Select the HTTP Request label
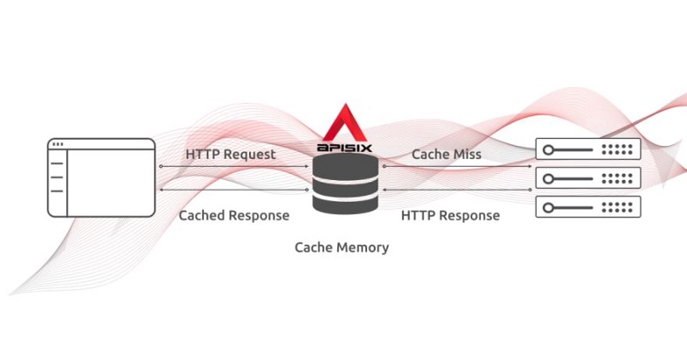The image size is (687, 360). tap(230, 154)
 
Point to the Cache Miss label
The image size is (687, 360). tap(447, 154)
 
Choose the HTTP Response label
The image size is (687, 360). tap(450, 214)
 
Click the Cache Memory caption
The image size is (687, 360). tap(342, 247)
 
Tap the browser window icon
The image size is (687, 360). tap(101, 177)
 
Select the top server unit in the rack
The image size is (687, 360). tap(587, 149)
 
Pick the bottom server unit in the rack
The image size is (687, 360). tap(587, 207)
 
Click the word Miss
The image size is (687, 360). tap(465, 154)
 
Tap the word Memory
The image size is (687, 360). tap(362, 247)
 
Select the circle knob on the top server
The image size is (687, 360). tap(548, 149)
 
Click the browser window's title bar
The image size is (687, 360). tap(101, 144)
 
